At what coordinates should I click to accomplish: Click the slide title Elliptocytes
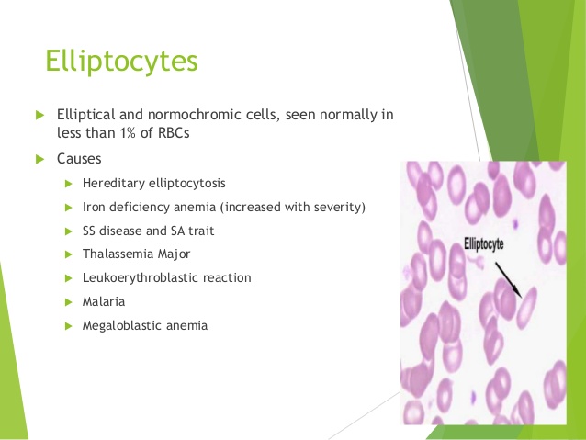[x=121, y=62]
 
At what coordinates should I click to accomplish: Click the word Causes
[x=79, y=158]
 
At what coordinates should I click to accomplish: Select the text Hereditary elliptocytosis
[x=153, y=183]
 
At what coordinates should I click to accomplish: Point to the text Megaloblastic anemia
[x=144, y=325]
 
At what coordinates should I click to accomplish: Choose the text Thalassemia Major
[x=137, y=254]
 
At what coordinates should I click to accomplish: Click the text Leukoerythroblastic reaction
[x=166, y=277]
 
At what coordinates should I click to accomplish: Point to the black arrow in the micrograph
[x=507, y=279]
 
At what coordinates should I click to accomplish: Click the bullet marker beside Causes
[x=39, y=158]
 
